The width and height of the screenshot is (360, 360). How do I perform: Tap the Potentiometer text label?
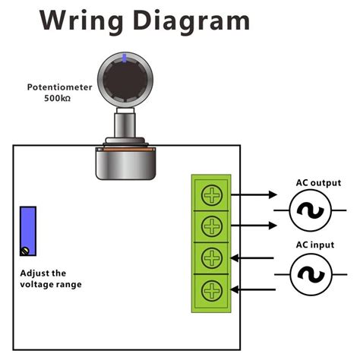pos(62,87)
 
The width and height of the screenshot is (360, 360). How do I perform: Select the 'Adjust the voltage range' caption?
pos(51,279)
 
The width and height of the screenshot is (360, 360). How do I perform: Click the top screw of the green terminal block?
pos(210,195)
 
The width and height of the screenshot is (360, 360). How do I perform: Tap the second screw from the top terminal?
pos(210,226)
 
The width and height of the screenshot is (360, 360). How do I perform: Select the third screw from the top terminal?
pos(210,258)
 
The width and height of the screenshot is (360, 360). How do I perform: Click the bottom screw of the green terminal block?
pos(210,289)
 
